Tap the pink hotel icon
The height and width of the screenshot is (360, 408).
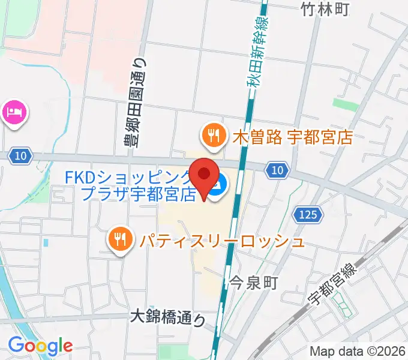[x=14, y=112]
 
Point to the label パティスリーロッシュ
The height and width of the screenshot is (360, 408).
[x=222, y=242]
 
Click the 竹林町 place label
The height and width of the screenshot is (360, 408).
[x=325, y=8]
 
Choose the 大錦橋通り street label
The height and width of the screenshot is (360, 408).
[x=167, y=317]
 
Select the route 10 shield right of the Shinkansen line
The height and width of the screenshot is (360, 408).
[x=276, y=171]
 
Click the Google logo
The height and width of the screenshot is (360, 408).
[x=40, y=346]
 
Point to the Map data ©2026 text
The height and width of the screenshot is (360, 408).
[x=358, y=352]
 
